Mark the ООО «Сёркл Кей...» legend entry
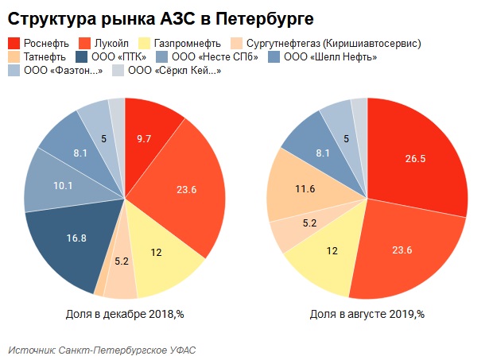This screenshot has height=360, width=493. [x=166, y=71]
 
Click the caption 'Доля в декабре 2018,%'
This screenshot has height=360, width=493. [x=125, y=314]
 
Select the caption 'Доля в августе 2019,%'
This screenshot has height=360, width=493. [x=367, y=314]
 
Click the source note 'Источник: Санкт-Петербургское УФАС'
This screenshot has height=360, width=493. [x=102, y=349]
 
